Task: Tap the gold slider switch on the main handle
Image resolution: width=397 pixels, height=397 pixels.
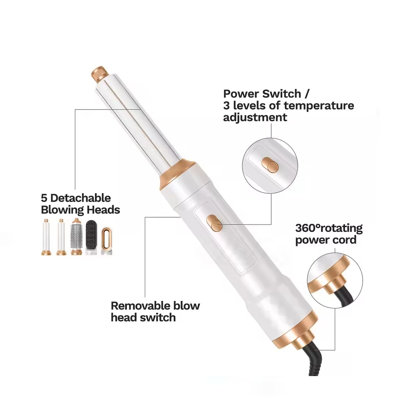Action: [x=214, y=223]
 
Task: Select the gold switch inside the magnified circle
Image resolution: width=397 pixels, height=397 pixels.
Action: [x=270, y=165]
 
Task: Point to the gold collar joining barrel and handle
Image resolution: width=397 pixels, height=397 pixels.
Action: [x=177, y=175]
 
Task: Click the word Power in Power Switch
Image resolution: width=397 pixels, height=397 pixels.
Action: [x=241, y=94]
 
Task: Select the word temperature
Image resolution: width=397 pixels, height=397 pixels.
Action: [x=319, y=105]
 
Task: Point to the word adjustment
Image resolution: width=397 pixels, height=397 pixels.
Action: [x=255, y=117]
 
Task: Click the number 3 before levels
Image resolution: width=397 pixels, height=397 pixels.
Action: [x=226, y=105]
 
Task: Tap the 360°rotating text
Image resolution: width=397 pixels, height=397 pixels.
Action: [x=329, y=228]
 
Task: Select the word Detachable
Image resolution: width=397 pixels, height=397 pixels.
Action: [x=81, y=198]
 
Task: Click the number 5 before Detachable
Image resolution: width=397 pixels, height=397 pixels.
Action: [x=44, y=198]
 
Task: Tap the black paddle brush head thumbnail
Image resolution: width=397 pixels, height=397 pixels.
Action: [x=91, y=237]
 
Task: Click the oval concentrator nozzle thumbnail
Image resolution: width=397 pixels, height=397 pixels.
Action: [x=107, y=241]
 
